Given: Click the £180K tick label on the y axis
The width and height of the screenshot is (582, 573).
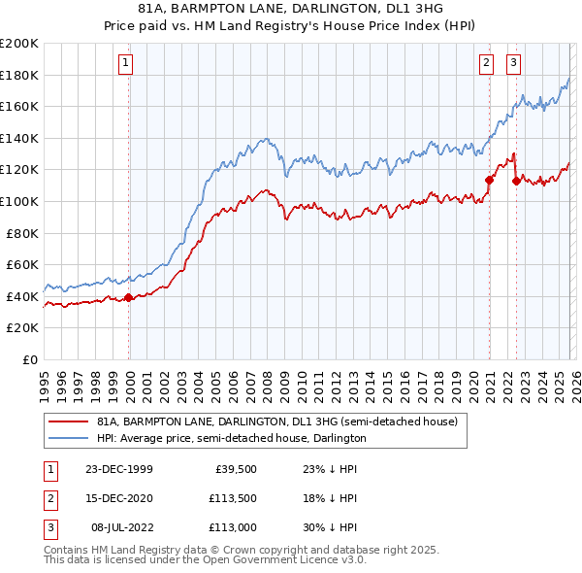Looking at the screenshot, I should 19,75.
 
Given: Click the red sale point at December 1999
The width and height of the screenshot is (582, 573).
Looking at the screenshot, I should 129,297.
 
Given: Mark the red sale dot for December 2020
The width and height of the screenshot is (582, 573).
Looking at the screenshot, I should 489,180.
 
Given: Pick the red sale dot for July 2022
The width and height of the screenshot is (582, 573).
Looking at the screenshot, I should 516,181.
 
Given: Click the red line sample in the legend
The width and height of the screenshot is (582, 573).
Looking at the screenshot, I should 70,422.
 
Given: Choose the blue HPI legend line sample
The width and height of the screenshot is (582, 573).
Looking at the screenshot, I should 70,439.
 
